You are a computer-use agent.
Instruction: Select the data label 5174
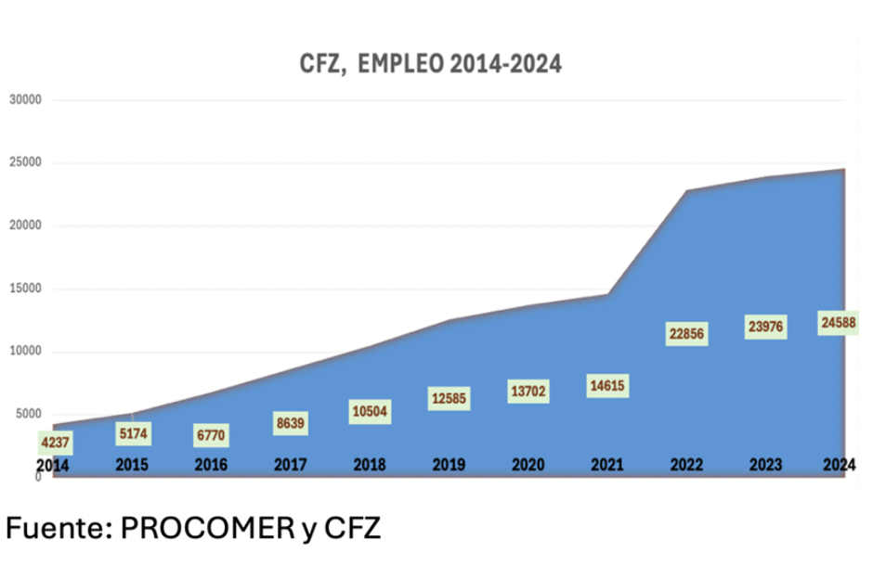coord(133,433)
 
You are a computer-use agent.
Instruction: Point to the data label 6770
coord(210,435)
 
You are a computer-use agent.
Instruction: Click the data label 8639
coord(291,423)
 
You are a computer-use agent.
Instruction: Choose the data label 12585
coord(449,399)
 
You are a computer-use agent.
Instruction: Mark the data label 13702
coord(528,392)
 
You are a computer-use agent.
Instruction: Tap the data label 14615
coord(608,385)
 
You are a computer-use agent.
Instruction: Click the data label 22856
coord(686,333)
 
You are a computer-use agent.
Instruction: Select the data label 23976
coord(766,327)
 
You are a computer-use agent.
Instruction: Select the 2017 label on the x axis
coord(291,466)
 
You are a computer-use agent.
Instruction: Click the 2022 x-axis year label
coord(686,466)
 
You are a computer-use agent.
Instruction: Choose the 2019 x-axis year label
coord(449,466)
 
